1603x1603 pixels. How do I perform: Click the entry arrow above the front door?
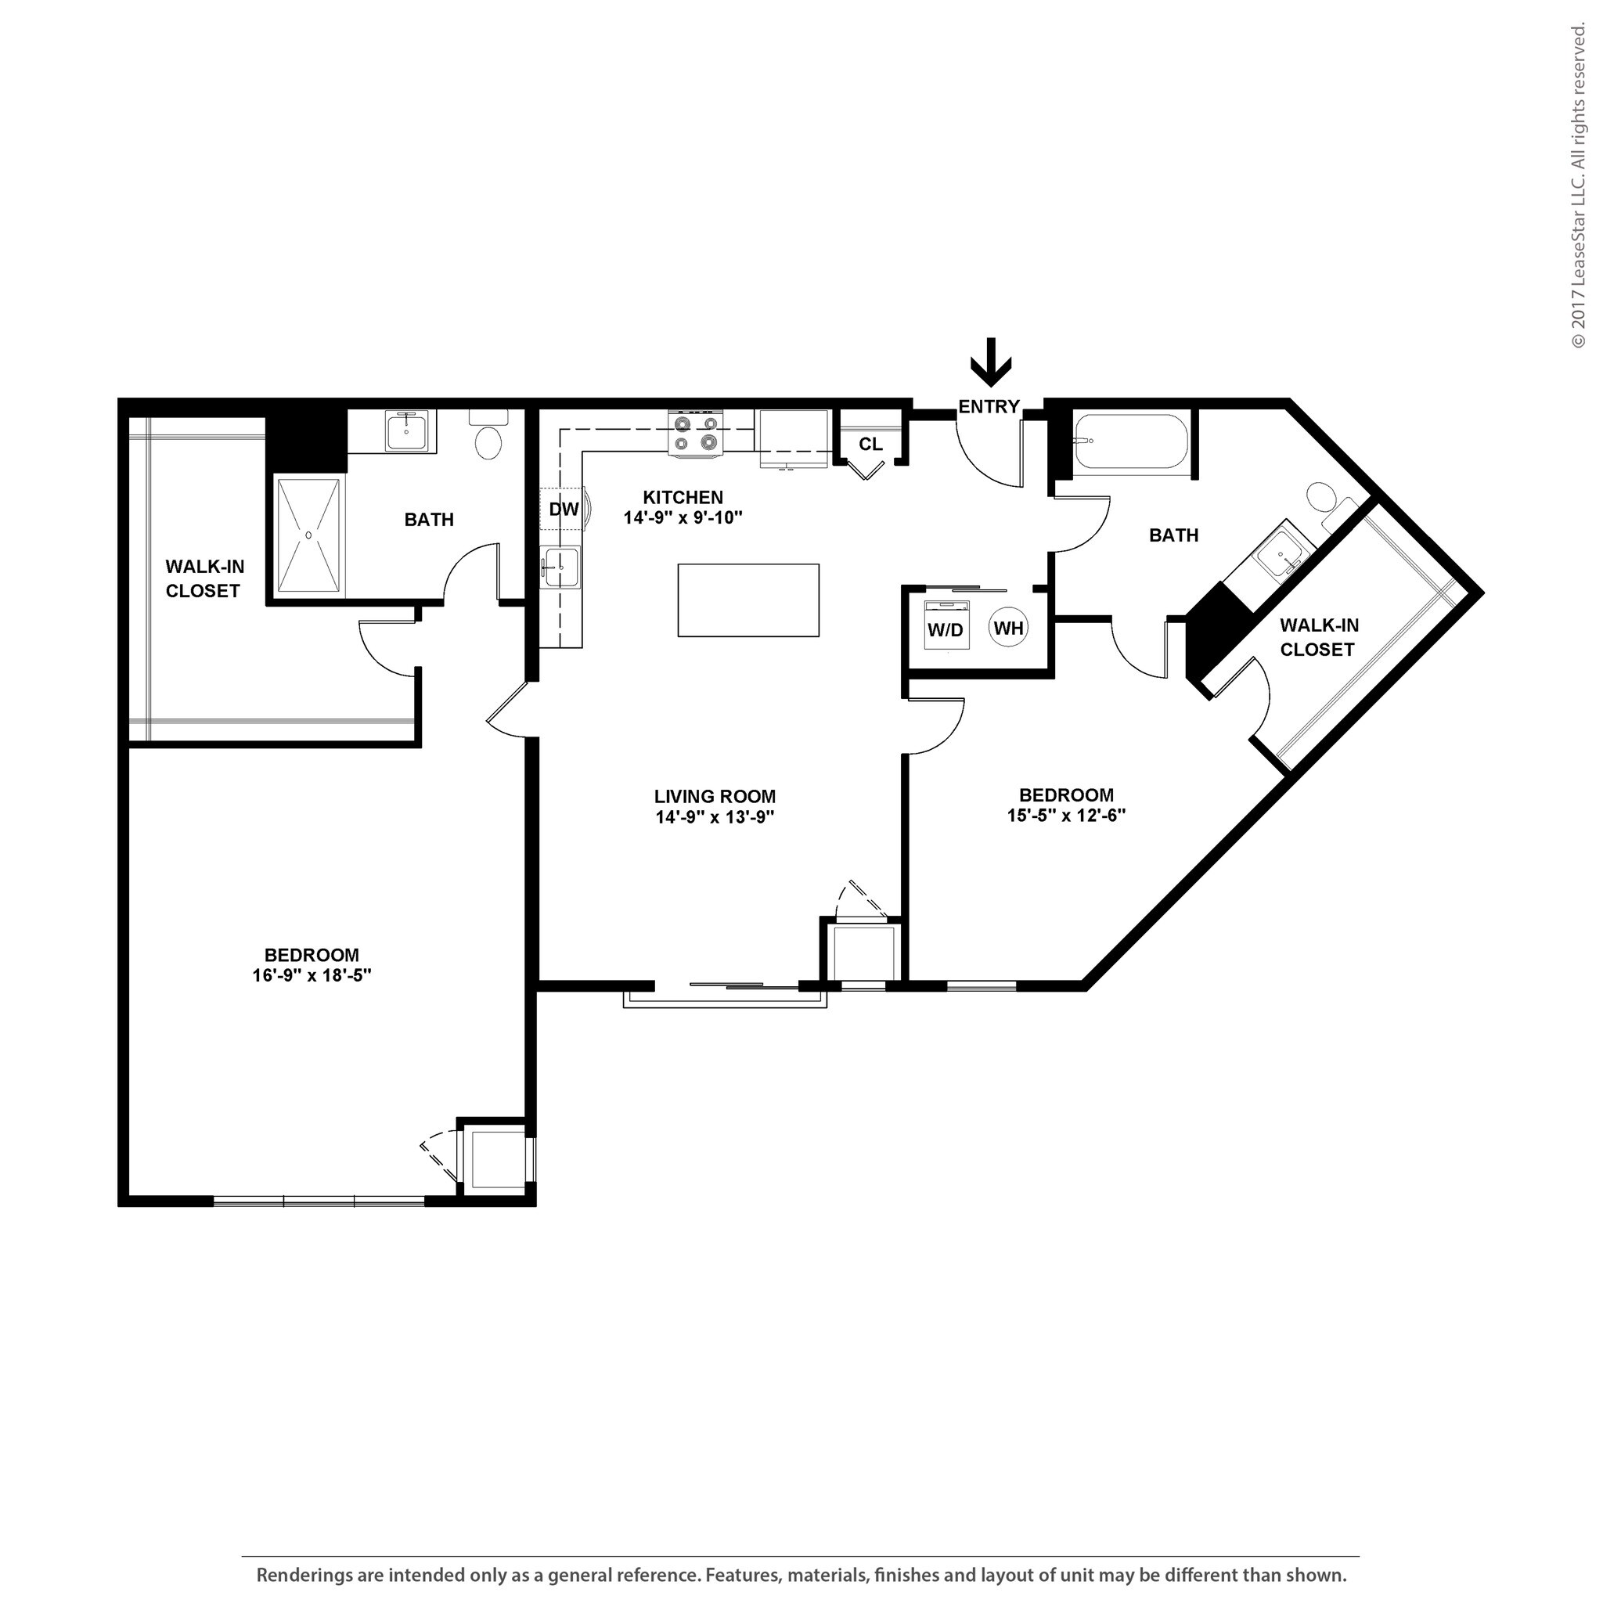pyautogui.click(x=991, y=362)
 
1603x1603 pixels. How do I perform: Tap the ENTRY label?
pyautogui.click(x=989, y=406)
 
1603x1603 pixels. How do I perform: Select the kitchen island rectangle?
pyautogui.click(x=747, y=600)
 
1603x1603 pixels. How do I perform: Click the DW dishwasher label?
pyautogui.click(x=564, y=510)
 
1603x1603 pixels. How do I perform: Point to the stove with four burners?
pyautogui.click(x=695, y=433)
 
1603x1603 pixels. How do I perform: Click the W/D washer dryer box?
pyautogui.click(x=946, y=629)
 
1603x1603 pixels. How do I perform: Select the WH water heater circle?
pyautogui.click(x=1008, y=628)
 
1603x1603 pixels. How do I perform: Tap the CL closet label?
pyautogui.click(x=870, y=445)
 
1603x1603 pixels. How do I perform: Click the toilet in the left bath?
pyautogui.click(x=488, y=438)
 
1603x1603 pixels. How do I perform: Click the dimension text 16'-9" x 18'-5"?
pyautogui.click(x=312, y=976)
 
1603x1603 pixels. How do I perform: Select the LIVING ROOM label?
pyautogui.click(x=715, y=797)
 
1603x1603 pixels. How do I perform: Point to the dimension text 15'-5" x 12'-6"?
pyautogui.click(x=1065, y=815)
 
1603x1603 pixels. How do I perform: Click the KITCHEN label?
pyautogui.click(x=683, y=497)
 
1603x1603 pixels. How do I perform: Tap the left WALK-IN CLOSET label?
pyautogui.click(x=204, y=578)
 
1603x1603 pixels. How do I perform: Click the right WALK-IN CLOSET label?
pyautogui.click(x=1318, y=637)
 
